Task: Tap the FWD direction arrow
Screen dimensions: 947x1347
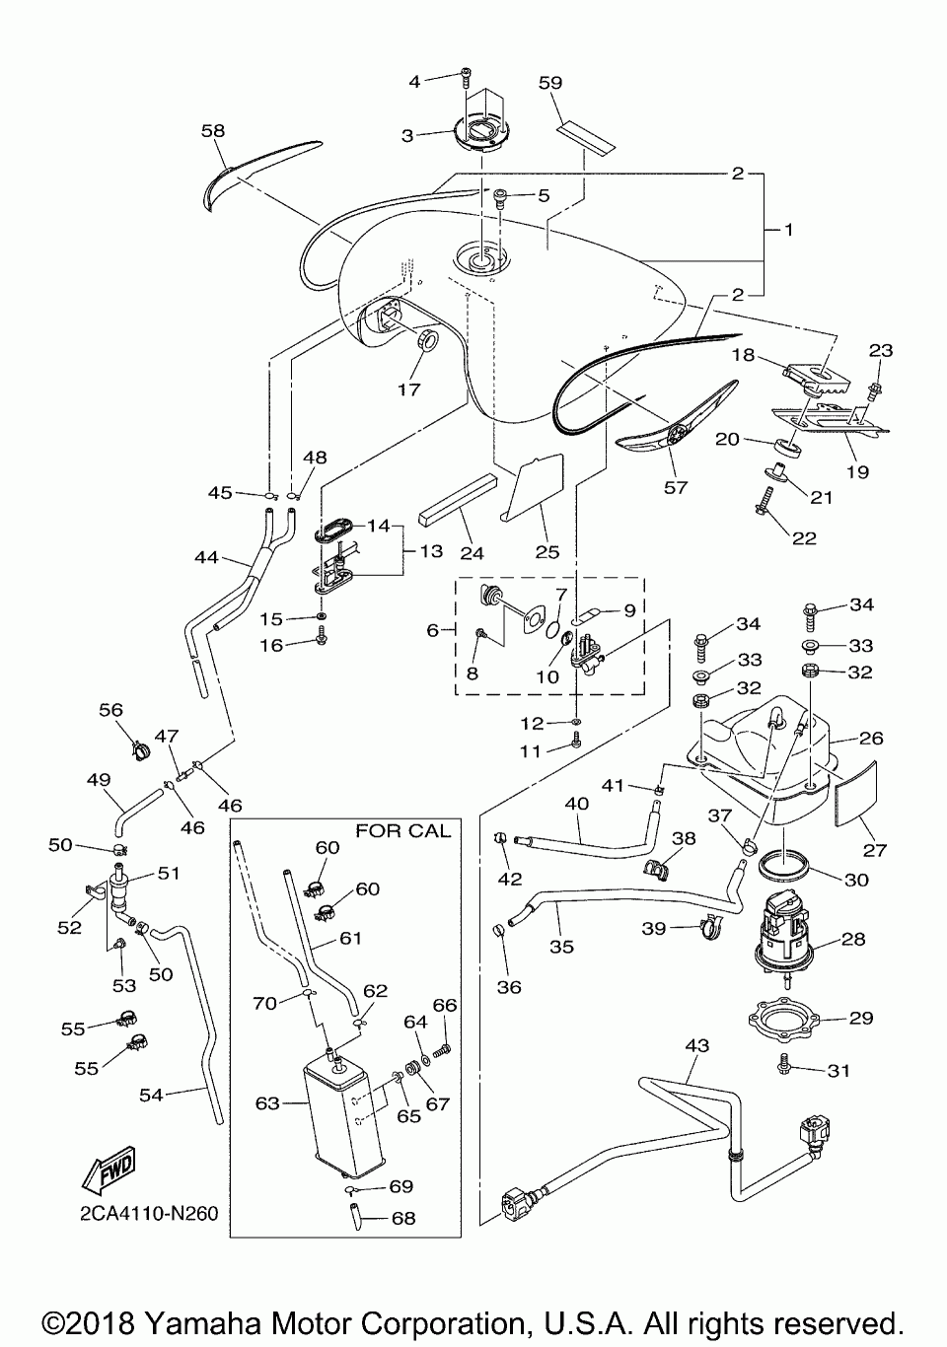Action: (x=109, y=1169)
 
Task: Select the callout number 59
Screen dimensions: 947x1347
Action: (x=549, y=83)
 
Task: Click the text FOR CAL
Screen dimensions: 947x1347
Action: (x=402, y=831)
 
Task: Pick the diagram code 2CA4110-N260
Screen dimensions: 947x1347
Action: (x=149, y=1214)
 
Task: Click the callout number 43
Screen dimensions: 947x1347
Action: (x=697, y=1045)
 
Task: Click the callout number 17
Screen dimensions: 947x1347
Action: (x=408, y=390)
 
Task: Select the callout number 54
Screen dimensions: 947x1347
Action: (x=151, y=1095)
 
